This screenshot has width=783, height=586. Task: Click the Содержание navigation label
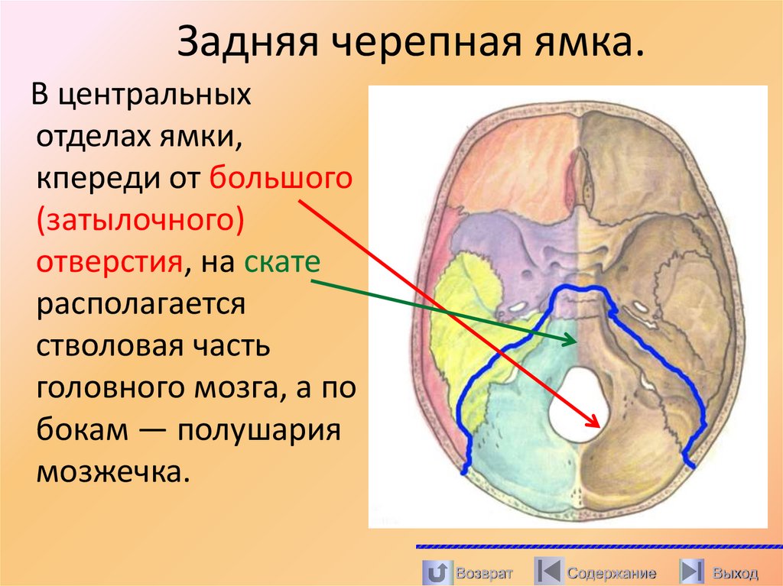coord(611,573)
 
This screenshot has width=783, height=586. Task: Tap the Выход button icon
coord(692,571)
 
